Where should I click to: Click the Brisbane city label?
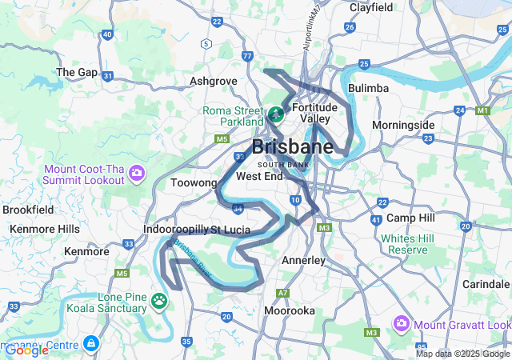293,147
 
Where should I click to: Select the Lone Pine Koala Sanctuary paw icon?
159,302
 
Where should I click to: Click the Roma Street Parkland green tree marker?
275,114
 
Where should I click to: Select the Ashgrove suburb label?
214,82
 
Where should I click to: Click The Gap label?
77,72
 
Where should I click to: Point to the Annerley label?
304,261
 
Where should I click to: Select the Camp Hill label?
410,218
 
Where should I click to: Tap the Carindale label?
485,285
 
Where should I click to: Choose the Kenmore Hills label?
45,229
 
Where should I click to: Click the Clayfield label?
371,7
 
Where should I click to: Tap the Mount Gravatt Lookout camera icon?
401,323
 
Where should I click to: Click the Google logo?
26,350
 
